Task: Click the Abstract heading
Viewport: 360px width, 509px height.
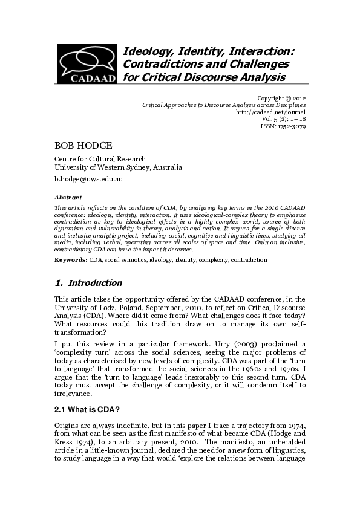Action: [66, 197]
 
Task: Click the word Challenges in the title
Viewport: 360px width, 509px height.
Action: [251, 63]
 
